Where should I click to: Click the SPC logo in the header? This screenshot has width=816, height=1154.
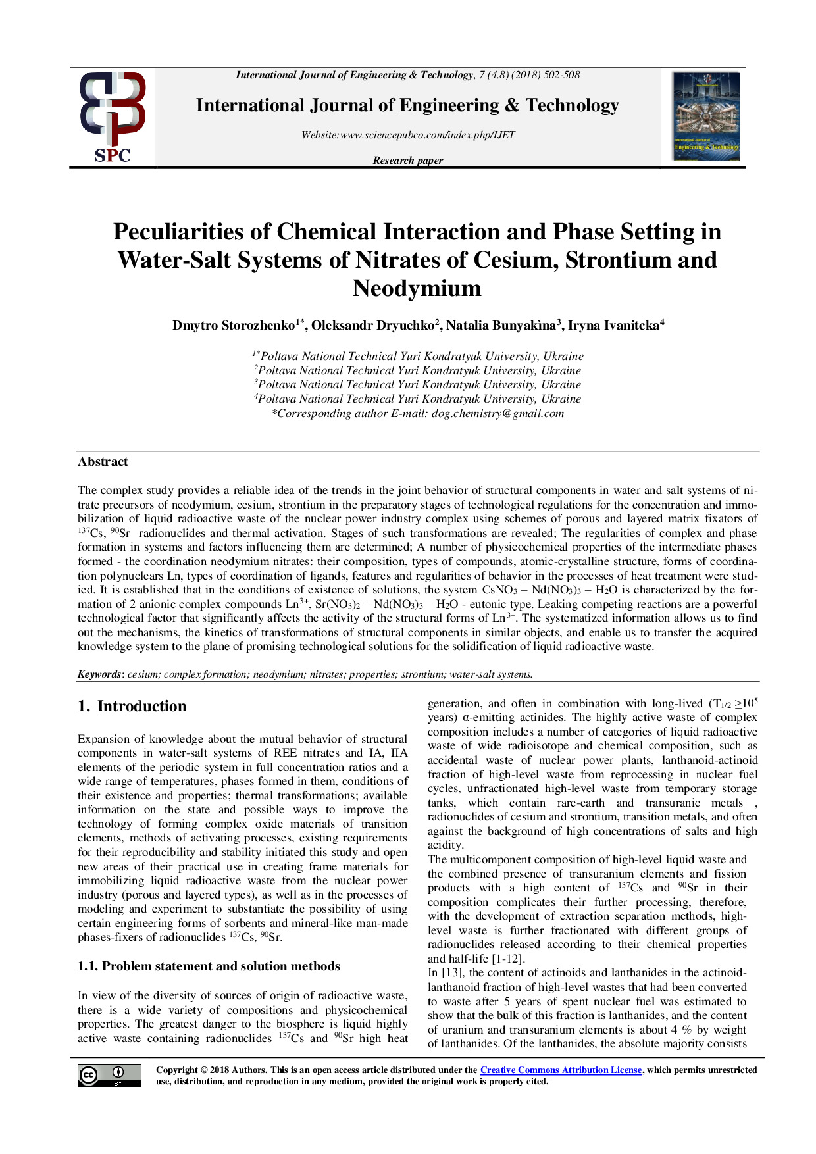113,117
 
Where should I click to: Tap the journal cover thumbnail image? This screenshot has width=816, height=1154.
706,116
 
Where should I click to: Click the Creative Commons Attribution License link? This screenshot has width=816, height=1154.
561,1070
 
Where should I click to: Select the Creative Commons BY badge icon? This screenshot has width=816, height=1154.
109,1074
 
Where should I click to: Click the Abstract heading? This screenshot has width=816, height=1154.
103,462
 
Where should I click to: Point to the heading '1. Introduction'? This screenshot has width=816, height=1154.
132,706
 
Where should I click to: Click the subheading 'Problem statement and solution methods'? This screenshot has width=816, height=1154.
221,966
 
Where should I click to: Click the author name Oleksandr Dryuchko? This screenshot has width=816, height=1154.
372,326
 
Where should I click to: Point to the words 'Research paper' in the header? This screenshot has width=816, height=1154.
407,160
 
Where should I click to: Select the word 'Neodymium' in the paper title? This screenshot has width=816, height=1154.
417,288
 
